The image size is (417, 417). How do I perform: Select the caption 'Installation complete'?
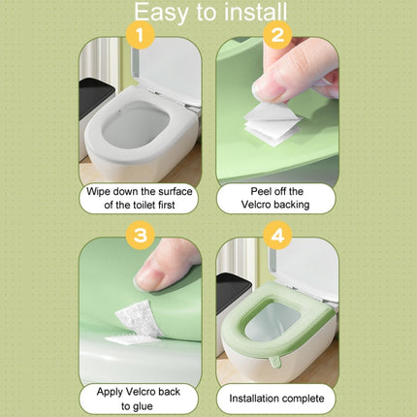275,398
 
